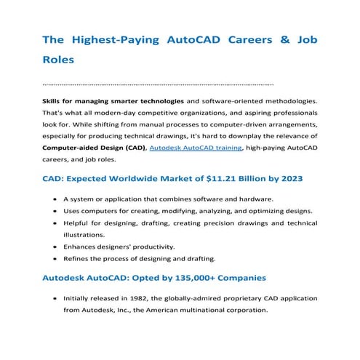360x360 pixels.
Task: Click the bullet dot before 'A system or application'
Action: [x=56, y=199]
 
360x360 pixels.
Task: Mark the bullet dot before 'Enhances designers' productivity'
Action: [x=56, y=247]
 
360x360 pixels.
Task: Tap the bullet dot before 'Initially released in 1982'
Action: [x=56, y=298]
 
